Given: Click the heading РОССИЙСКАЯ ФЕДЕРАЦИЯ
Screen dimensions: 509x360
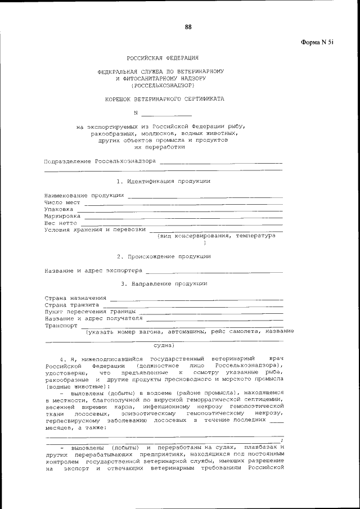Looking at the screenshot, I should [x=161, y=57].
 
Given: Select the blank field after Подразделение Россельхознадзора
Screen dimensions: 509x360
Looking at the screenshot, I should [x=221, y=163].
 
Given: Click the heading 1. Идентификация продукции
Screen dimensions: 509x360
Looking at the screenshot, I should [x=163, y=181].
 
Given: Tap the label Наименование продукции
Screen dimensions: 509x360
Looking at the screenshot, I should [x=84, y=195].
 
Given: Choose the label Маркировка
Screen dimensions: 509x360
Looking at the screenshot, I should [x=62, y=216].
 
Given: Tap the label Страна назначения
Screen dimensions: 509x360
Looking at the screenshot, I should [x=75, y=297].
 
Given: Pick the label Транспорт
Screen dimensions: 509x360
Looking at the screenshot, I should [x=61, y=325].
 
